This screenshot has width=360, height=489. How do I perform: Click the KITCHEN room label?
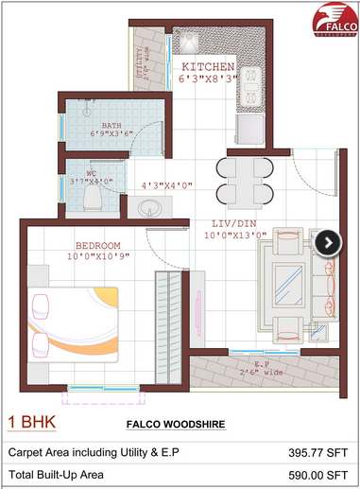pyautogui.click(x=207, y=67)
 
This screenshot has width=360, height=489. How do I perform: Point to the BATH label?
pyautogui.click(x=112, y=124)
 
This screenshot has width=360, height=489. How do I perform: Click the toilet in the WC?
pyautogui.click(x=93, y=196)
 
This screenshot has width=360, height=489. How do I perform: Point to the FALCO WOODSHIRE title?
pyautogui.click(x=175, y=426)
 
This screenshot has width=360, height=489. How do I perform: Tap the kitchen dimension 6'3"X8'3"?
pyautogui.click(x=207, y=79)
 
